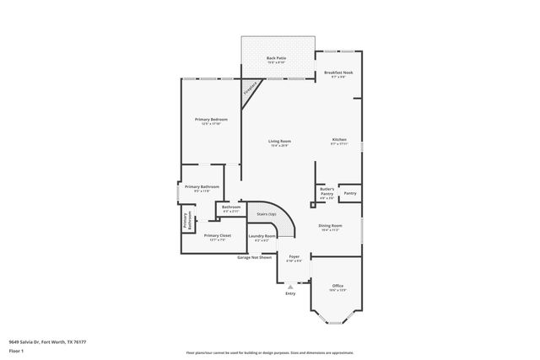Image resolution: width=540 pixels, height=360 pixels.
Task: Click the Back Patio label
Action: (x=277, y=58)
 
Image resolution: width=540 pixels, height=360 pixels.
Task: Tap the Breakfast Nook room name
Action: (x=338, y=73)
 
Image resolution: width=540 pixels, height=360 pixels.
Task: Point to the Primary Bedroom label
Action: (x=211, y=120)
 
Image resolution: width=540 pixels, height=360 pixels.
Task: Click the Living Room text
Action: (x=280, y=141)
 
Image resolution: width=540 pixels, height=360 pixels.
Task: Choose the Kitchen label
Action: (x=339, y=139)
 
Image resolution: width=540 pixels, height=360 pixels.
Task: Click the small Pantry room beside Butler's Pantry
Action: (x=350, y=193)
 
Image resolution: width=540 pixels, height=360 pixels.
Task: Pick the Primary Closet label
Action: (x=219, y=235)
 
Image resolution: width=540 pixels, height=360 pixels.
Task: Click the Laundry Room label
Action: (x=262, y=236)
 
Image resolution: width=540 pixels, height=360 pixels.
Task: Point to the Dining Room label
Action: (x=330, y=226)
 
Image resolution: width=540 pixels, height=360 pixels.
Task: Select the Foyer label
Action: (x=294, y=256)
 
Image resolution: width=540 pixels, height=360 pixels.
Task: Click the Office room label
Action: (x=337, y=286)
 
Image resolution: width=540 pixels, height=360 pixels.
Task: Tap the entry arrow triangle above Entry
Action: (x=290, y=287)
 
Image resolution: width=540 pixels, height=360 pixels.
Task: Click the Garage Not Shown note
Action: (x=254, y=257)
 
